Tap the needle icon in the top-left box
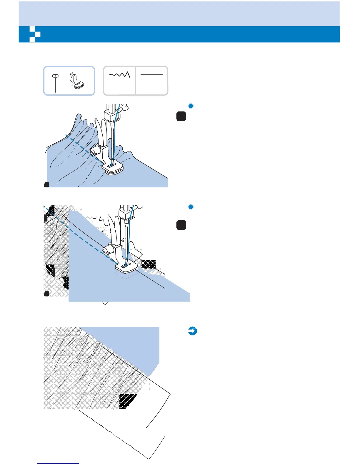click(55, 83)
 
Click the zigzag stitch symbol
click(120, 75)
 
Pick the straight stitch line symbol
click(151, 75)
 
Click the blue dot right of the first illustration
click(191, 106)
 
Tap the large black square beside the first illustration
click(181, 116)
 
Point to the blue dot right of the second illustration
click(191, 207)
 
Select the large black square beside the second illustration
click(181, 225)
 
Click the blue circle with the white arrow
click(192, 331)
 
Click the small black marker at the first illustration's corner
click(46, 185)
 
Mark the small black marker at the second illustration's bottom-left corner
click(46, 294)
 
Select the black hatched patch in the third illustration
click(128, 401)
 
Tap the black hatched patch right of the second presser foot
click(149, 264)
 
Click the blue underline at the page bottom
click(58, 463)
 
